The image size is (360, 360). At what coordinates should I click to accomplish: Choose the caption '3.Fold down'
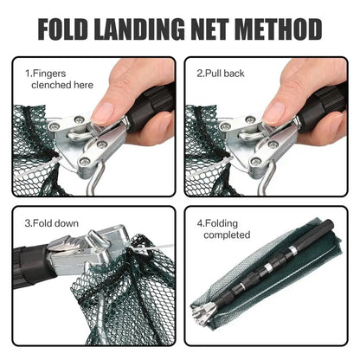(x=52, y=224)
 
